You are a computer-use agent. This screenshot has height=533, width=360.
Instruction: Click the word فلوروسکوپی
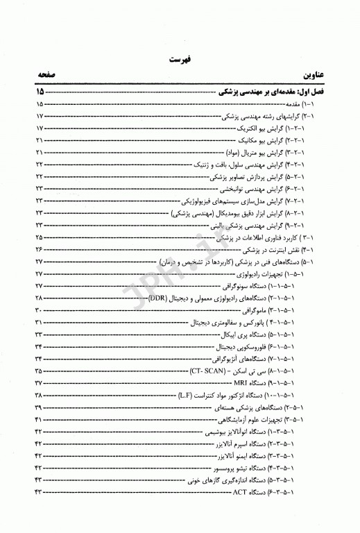tap(265, 346)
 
